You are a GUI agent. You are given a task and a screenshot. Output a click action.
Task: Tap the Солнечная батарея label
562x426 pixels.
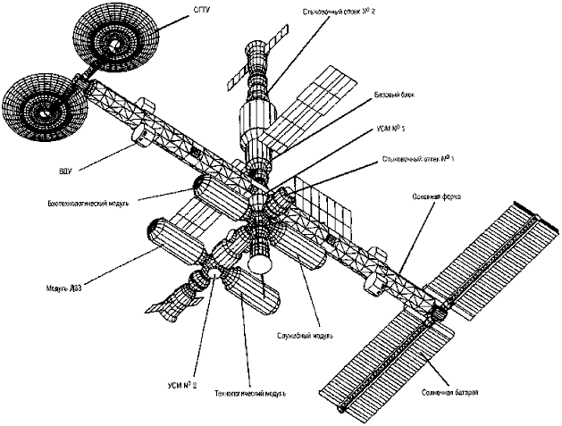tap(447, 391)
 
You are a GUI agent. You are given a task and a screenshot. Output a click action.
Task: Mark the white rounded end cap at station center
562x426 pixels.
tap(261, 264)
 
